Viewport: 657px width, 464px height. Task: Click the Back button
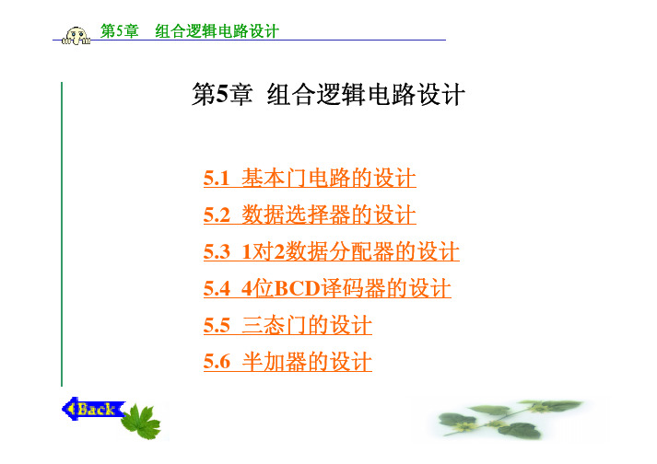[x=93, y=409]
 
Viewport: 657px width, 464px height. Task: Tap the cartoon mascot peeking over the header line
[x=76, y=36]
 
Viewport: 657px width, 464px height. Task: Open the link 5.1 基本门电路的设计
[x=310, y=178]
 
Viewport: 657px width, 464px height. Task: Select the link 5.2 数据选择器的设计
[x=310, y=215]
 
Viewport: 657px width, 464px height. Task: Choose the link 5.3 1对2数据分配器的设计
[x=332, y=251]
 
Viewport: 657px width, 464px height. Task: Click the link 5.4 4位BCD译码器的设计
[x=327, y=288]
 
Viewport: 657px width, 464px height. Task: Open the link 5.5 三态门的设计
[x=287, y=325]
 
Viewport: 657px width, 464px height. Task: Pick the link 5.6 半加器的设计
[x=287, y=362]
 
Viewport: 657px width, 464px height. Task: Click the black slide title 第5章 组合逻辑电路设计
[x=328, y=94]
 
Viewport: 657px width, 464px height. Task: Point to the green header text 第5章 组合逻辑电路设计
[x=190, y=31]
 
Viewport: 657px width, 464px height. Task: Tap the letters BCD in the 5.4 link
[x=297, y=288]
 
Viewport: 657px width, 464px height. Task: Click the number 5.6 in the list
[x=217, y=362]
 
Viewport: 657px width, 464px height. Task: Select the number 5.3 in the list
[x=217, y=251]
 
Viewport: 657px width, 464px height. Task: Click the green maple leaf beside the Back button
[x=141, y=422]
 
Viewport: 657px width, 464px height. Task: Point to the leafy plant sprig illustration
[x=508, y=420]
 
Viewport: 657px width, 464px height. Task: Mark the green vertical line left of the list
[x=62, y=234]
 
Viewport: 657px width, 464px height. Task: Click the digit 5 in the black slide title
[x=222, y=93]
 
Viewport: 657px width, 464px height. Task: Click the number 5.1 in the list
[x=217, y=178]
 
